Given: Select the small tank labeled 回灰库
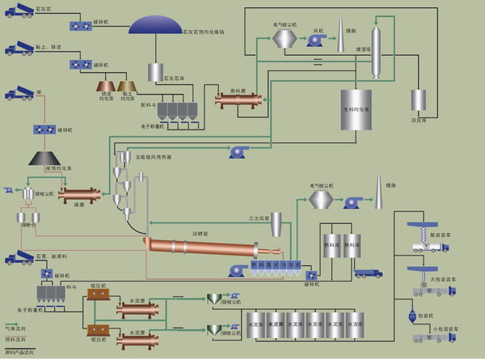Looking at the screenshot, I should click(418, 100).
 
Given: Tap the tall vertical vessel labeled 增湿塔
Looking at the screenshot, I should click(375, 52).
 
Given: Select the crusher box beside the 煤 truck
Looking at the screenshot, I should click(44, 129).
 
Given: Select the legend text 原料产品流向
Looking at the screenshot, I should click(21, 352).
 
